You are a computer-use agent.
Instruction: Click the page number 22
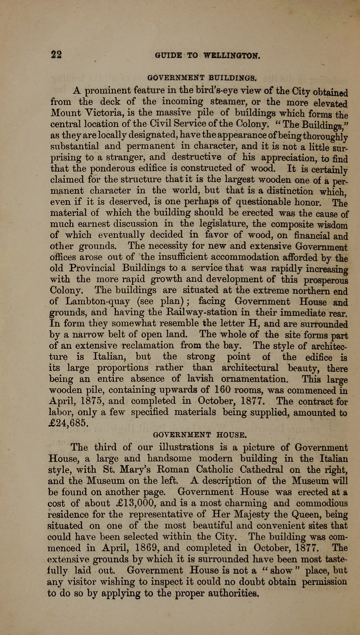click(56, 55)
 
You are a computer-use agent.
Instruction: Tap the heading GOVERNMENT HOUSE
click(200, 435)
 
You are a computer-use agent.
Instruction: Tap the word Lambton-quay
click(98, 301)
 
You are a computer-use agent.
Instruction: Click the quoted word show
click(281, 571)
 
